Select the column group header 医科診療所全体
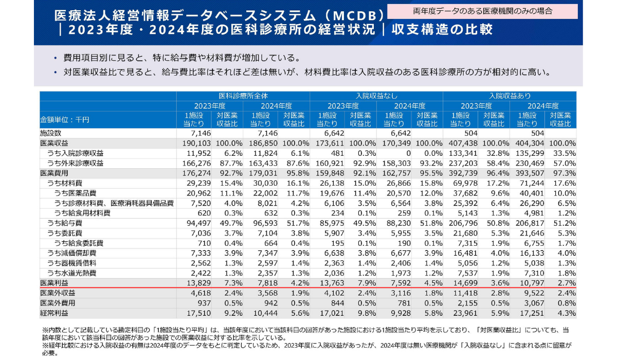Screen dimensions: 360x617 (x=243, y=96)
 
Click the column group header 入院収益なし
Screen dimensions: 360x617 (x=376, y=96)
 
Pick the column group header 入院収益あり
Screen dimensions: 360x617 (x=510, y=96)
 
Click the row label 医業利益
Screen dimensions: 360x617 (x=54, y=283)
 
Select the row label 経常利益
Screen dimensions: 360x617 (x=54, y=312)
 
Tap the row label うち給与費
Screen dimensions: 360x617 (x=64, y=223)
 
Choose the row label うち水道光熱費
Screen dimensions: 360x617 (x=71, y=273)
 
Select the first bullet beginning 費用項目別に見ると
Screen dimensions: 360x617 (x=180, y=57)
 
